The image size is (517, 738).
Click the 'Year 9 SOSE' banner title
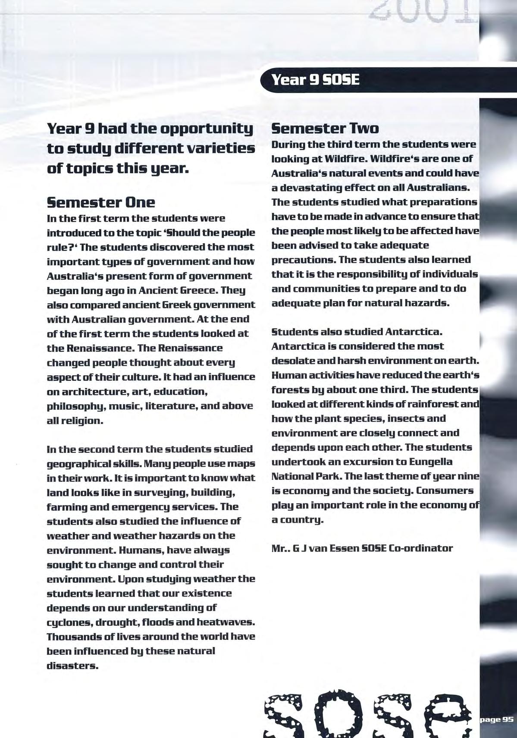pos(314,80)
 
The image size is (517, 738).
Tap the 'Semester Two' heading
pos(325,128)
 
